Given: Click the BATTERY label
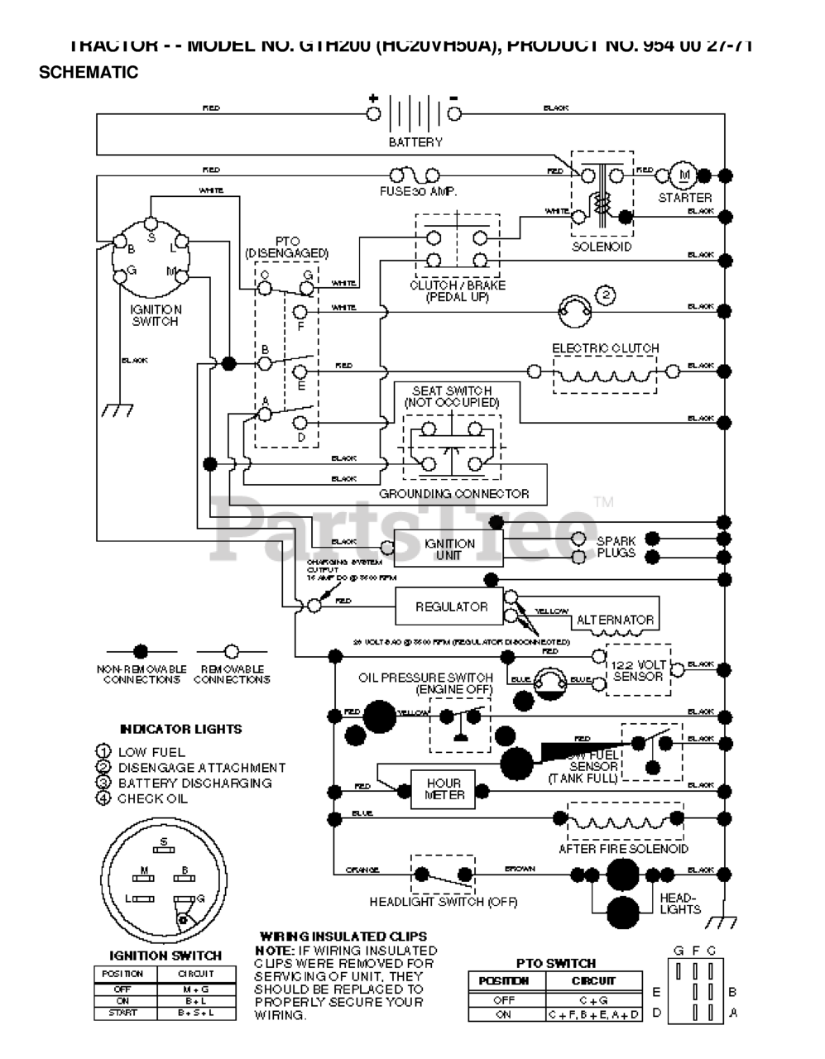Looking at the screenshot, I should (415, 142).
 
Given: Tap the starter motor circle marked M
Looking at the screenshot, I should (684, 175).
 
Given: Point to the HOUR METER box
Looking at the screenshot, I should (444, 789).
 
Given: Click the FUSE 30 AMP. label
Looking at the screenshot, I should (419, 191).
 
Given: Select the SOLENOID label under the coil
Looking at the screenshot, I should (602, 247).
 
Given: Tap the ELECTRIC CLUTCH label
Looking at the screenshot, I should (606, 348).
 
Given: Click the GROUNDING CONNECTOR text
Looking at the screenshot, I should (453, 494).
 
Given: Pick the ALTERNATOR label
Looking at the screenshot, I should (615, 620).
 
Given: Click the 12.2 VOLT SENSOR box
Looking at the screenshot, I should (638, 670).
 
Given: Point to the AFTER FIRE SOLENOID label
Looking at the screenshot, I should (623, 849).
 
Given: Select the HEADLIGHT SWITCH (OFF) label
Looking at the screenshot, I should (444, 902).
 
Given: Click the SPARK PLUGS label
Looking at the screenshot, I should (616, 547).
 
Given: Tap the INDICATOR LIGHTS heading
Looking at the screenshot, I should (181, 729).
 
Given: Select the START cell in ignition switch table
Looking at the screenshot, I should (122, 1013).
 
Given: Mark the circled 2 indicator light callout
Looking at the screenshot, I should (605, 295).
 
